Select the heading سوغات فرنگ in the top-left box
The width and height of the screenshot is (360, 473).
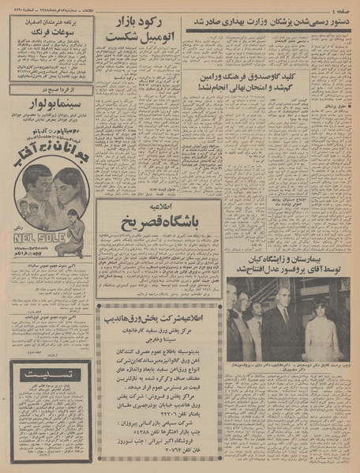click(52, 34)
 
